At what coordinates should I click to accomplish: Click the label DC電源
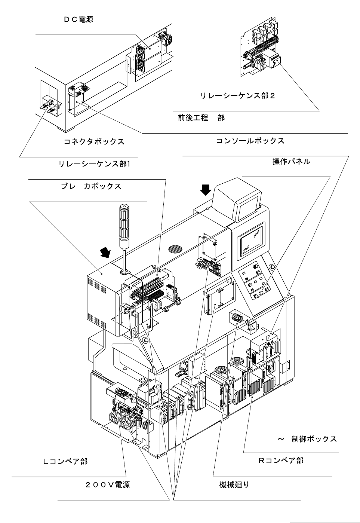coord(79,19)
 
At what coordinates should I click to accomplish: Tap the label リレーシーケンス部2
coord(238,95)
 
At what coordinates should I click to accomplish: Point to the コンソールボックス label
coord(250,141)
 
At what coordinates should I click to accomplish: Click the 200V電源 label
coord(107,485)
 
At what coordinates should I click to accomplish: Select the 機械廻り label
coord(234,485)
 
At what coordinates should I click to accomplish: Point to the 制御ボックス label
coord(314,439)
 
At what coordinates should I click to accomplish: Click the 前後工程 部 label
coord(201,118)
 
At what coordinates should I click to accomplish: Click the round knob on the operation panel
coord(255,267)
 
